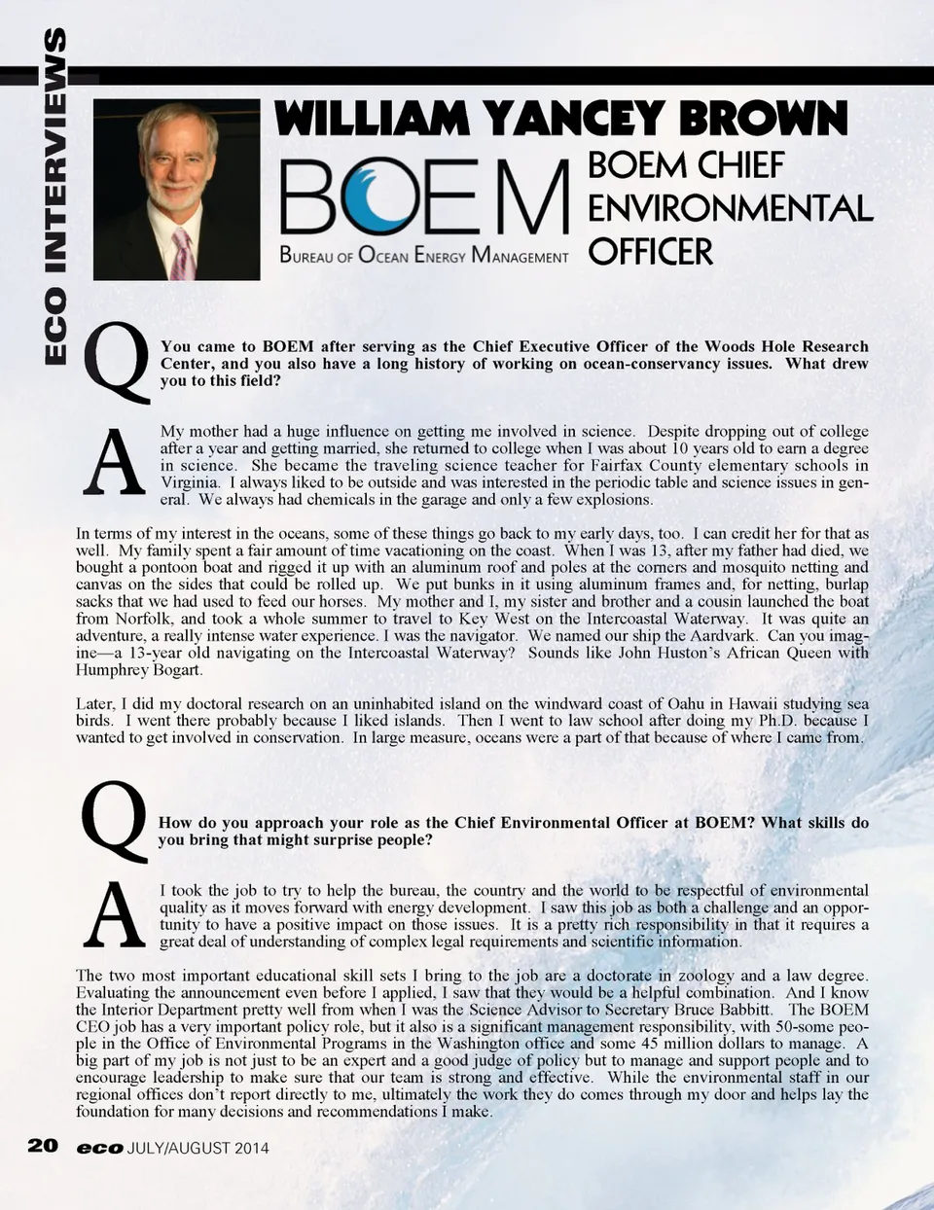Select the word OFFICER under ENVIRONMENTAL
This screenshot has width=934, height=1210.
click(x=651, y=251)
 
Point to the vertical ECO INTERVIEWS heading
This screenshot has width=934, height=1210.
click(x=55, y=195)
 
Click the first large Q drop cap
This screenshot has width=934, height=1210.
click(x=118, y=363)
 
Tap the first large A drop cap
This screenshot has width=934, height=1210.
click(x=114, y=463)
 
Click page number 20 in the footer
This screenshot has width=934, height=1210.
click(x=43, y=1146)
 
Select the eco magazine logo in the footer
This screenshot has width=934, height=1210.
click(x=99, y=1148)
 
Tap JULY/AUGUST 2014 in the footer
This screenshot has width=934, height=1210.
click(x=198, y=1148)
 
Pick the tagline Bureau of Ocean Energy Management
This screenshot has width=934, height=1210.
click(x=423, y=256)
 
